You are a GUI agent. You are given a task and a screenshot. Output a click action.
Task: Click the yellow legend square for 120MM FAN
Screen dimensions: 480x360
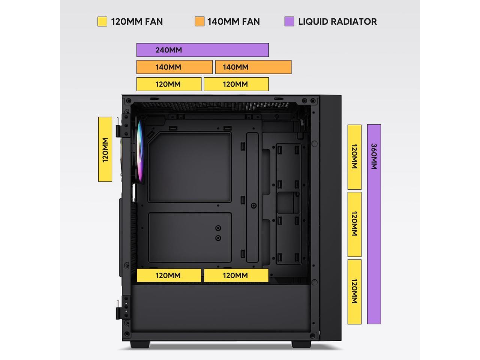tap(102, 21)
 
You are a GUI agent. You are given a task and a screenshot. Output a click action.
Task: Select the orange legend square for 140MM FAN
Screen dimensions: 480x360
tap(199, 21)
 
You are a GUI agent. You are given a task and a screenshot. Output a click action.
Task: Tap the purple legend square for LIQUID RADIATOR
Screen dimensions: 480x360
tap(289, 21)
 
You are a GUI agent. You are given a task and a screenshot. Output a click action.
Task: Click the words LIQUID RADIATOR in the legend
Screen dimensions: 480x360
tap(337, 21)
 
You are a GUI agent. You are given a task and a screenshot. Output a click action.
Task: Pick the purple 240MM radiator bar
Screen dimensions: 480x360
tap(202, 50)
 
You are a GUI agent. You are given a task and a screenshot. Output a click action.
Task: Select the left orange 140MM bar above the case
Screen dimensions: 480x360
tap(174, 67)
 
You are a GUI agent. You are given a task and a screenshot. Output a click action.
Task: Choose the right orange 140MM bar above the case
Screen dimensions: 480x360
tap(253, 67)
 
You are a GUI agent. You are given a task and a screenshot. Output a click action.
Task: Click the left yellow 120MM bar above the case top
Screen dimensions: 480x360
tap(169, 84)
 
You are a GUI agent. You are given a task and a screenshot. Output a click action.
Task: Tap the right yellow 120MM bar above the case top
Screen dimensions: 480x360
tap(236, 84)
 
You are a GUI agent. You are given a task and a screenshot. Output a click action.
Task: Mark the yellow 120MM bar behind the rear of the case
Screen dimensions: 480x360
tap(105, 149)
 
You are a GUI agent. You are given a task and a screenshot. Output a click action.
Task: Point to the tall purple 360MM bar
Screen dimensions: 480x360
tap(374, 224)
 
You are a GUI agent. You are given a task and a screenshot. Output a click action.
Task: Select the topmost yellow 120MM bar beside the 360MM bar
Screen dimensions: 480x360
tap(354, 157)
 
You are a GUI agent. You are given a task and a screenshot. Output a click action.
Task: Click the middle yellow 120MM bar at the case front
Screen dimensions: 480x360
tap(354, 224)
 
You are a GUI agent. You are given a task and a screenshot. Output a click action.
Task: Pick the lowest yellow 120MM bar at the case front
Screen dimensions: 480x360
tap(354, 291)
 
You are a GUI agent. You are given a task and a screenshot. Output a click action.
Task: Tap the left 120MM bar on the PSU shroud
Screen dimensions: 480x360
tap(169, 275)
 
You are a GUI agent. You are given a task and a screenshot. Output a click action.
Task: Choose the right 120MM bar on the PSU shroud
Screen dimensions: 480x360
tap(236, 275)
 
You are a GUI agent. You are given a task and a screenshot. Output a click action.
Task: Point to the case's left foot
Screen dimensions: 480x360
tap(140, 344)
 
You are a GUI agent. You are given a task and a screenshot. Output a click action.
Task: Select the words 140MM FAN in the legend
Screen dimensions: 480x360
tap(233, 21)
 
